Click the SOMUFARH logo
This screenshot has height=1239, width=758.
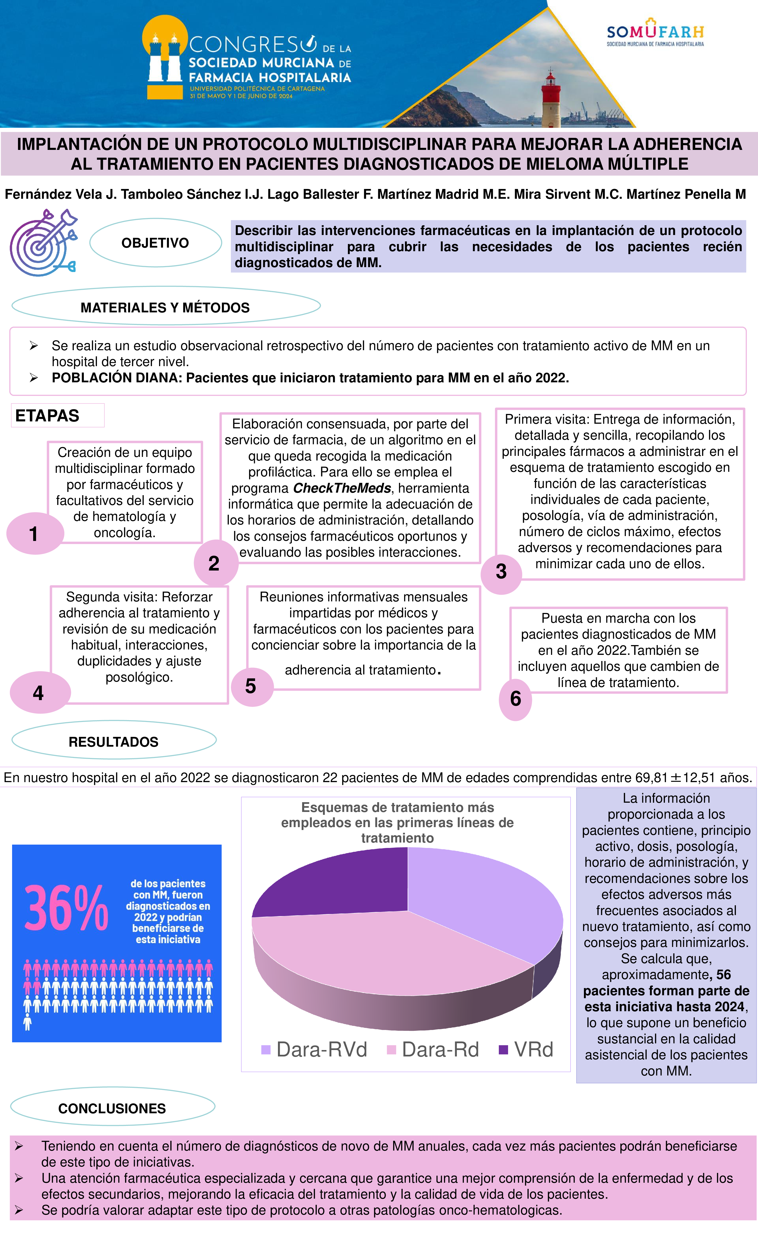(655, 33)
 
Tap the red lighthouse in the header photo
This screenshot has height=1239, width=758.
(551, 98)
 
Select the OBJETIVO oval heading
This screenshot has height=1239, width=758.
(155, 243)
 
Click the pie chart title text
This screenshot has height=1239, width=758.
(397, 823)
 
